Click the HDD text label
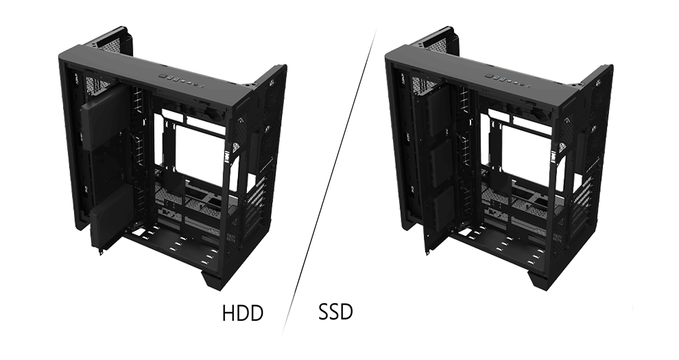click(243, 314)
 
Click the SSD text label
click(335, 313)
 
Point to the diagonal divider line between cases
click(328, 185)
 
